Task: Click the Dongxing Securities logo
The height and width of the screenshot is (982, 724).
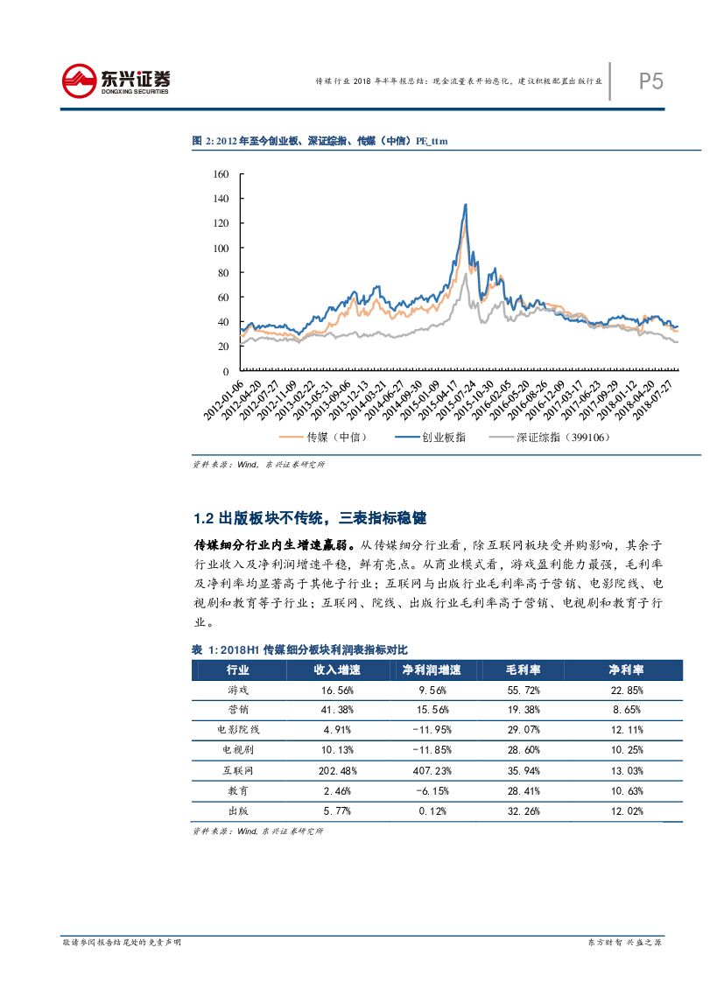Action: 116,81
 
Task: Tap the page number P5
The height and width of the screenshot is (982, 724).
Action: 650,81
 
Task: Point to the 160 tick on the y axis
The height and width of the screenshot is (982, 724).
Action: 220,174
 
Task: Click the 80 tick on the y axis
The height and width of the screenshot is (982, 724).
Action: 222,273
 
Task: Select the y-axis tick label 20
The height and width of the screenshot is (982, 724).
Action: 222,347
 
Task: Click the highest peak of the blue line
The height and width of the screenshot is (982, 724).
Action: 465,205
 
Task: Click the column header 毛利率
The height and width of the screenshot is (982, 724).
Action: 523,670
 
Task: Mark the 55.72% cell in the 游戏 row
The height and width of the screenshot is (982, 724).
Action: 523,690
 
